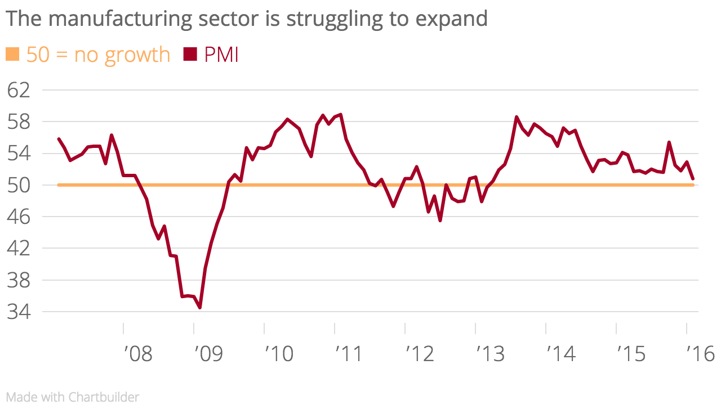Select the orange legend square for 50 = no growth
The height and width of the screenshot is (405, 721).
(12, 55)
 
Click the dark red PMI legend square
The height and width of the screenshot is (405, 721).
(190, 55)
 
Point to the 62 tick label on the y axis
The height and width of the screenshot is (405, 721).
(19, 90)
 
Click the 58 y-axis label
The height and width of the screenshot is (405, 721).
(19, 121)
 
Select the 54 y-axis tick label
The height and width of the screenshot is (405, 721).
(19, 153)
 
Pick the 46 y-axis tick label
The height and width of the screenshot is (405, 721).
(19, 217)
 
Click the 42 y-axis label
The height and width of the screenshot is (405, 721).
(19, 248)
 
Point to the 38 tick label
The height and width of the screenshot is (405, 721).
(19, 280)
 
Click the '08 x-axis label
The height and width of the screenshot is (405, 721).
(137, 354)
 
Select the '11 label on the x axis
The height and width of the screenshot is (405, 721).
(349, 354)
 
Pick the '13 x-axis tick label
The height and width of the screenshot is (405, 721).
(490, 354)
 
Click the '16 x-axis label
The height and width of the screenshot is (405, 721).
(701, 354)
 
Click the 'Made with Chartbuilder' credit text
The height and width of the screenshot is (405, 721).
(73, 397)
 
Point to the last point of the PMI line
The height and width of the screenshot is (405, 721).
(693, 179)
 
